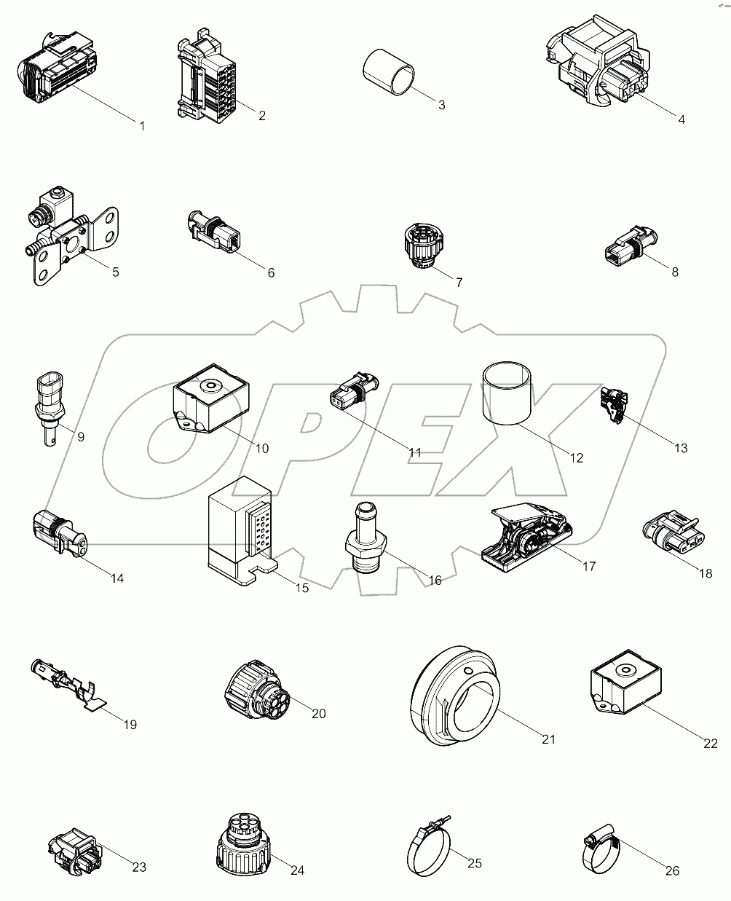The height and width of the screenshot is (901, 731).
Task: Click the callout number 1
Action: tap(142, 126)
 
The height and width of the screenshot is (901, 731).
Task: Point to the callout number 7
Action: tap(459, 282)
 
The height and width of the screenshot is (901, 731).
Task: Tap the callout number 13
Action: tap(680, 448)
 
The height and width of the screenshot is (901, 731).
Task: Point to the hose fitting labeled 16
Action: tap(365, 539)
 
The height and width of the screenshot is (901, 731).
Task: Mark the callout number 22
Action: tap(711, 743)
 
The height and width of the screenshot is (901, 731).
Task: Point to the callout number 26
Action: tap(672, 870)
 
